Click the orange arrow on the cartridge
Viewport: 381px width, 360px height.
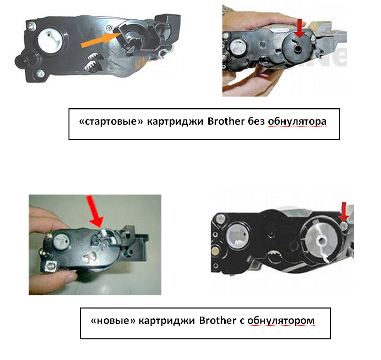(101, 39)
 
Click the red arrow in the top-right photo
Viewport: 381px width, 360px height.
(300, 28)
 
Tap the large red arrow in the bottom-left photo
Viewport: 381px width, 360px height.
(95, 211)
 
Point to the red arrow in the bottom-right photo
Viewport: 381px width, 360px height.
(343, 211)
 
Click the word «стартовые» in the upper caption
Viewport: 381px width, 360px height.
(111, 121)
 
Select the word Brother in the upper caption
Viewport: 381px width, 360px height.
(226, 121)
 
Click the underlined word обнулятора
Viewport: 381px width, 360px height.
(297, 121)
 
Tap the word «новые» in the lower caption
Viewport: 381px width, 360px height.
(113, 321)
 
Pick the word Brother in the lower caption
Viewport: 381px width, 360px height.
(217, 321)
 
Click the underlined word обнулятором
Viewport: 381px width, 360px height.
(281, 321)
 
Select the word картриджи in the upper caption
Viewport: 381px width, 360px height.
(175, 121)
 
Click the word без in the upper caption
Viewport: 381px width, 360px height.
(256, 121)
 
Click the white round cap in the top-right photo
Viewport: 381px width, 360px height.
(237, 47)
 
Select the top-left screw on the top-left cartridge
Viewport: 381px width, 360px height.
(31, 25)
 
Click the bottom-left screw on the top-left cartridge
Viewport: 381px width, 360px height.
(40, 74)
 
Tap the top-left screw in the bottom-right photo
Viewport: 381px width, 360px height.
(220, 218)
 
